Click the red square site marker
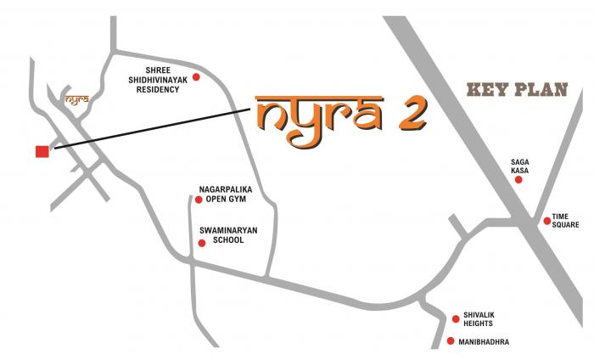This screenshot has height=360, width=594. pos(42,151)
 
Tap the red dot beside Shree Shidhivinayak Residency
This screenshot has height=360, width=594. pos(196,77)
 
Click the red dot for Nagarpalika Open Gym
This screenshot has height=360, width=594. pos(199,200)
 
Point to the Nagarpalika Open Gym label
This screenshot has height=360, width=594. pos(226,195)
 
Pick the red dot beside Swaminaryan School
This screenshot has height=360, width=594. pos(201,244)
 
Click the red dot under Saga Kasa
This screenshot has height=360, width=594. pos(519,180)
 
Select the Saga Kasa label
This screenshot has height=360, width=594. pos(519,166)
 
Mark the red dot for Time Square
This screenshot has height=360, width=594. pos(547,222)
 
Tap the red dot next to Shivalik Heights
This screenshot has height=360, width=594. pos(456,319)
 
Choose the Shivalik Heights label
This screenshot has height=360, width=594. pos(479,319)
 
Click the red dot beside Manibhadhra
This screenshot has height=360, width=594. pos(451,341)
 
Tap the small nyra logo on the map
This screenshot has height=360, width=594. pos(76,98)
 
